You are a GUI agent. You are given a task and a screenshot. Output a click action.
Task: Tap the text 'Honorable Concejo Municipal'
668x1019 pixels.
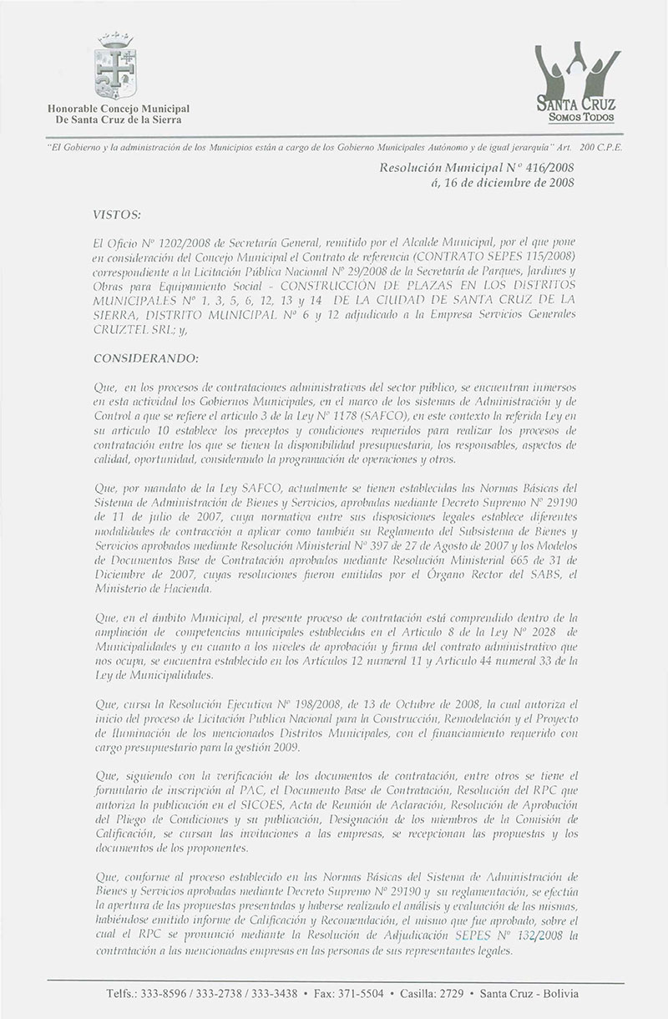click(x=119, y=109)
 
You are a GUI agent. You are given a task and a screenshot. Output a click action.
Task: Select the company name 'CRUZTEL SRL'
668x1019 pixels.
click(x=129, y=331)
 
